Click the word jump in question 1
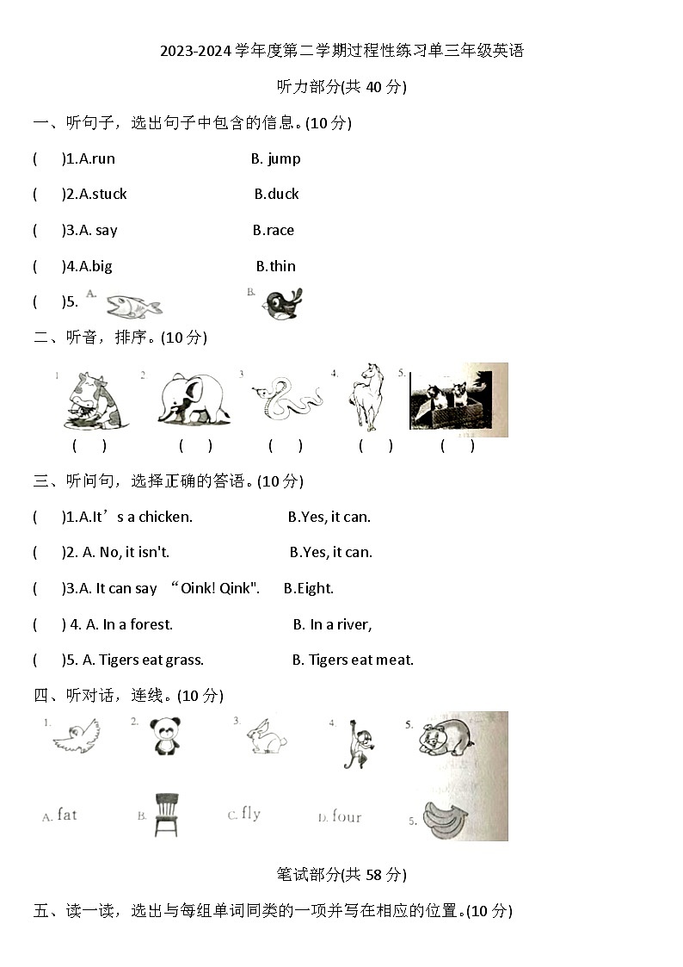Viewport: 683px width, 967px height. tap(284, 158)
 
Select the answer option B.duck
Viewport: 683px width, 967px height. tap(277, 195)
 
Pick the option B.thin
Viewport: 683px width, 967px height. tap(276, 267)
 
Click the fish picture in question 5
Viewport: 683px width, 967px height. tap(133, 305)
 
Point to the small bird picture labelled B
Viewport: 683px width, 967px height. tap(283, 303)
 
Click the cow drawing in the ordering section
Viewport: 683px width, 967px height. tap(96, 400)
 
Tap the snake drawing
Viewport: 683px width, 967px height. tap(286, 400)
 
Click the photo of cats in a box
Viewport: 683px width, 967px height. tap(458, 400)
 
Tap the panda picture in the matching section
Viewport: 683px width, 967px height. tap(165, 736)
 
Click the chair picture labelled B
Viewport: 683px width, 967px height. tap(166, 814)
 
